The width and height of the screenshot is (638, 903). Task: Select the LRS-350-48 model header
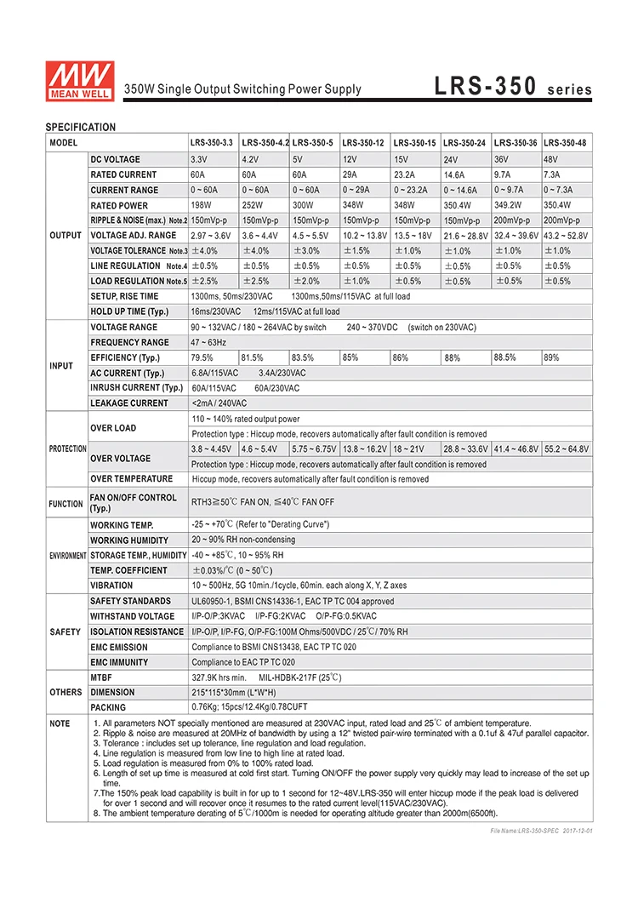[565, 143]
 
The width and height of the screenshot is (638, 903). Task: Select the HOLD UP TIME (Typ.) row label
[129, 311]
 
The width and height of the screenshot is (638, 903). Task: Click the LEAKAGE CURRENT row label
[129, 403]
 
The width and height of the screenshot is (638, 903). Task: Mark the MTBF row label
[102, 677]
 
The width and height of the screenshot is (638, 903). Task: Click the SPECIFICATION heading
[80, 127]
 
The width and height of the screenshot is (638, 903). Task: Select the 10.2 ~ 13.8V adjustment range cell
[365, 236]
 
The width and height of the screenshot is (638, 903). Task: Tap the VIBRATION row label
[111, 586]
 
